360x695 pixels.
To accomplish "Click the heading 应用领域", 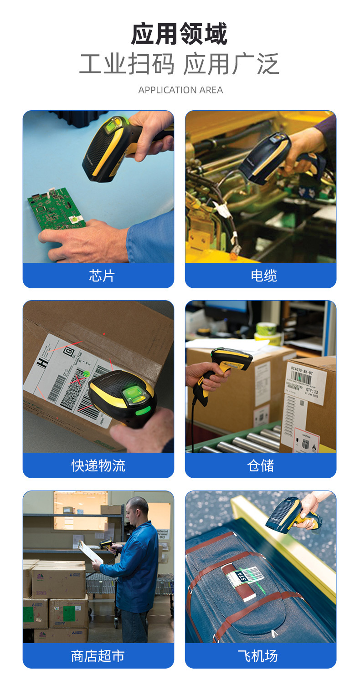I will [x=180, y=35].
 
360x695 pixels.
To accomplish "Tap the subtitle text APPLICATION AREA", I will [x=180, y=90].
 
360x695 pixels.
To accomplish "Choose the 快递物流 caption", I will [x=98, y=465].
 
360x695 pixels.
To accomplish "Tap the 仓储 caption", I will [x=261, y=465].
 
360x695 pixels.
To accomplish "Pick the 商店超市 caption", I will [x=98, y=656].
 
